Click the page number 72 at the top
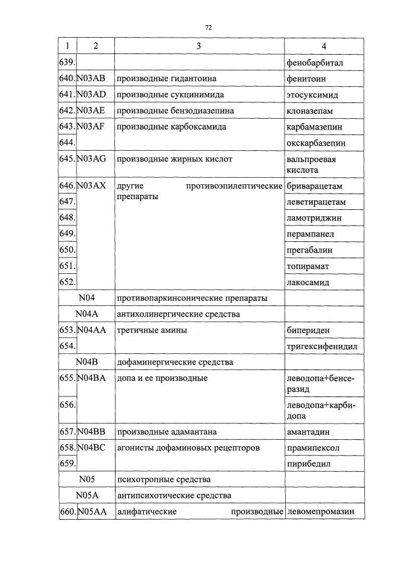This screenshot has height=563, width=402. [209, 28]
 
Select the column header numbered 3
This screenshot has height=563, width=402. [198, 46]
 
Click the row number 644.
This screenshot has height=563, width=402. [67, 143]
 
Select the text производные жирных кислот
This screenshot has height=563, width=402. [175, 160]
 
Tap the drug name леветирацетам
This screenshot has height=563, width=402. [316, 202]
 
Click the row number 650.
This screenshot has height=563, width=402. [67, 250]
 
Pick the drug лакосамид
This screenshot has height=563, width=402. [308, 283]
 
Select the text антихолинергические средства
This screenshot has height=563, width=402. [178, 314]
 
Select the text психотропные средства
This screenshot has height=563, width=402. [164, 480]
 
